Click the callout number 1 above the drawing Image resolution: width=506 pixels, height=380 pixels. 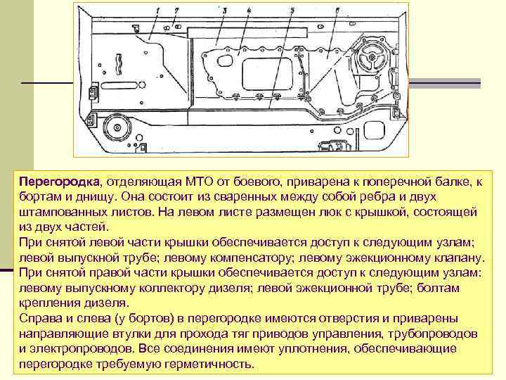click(x=158, y=9)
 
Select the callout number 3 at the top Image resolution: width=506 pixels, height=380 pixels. click(x=223, y=10)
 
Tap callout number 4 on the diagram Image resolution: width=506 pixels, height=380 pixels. click(x=249, y=10)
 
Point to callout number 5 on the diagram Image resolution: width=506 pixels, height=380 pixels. click(x=292, y=10)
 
